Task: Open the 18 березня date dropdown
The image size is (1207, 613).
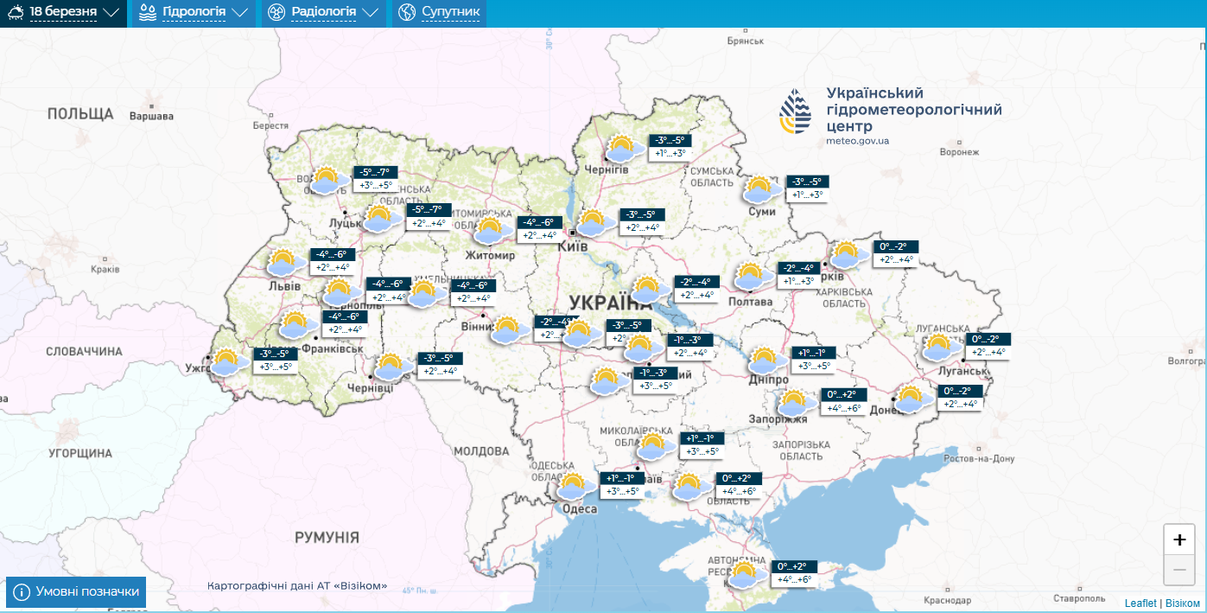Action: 63,13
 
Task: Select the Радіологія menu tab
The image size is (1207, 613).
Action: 323,13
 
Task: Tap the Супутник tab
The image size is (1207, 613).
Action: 439,13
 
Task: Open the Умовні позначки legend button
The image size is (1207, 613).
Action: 76,591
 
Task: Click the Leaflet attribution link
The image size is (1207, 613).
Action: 1140,603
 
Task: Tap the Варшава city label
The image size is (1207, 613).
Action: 151,116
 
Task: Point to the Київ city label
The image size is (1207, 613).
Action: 574,247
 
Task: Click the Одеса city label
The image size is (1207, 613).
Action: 580,509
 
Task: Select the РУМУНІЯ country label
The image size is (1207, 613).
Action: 327,538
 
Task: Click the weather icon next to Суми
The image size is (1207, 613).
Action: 760,189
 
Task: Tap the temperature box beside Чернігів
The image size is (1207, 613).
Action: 668,147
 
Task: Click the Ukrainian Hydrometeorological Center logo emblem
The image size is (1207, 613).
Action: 796,112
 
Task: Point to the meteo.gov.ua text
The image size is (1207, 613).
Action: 857,140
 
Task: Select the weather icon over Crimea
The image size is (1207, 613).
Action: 744,574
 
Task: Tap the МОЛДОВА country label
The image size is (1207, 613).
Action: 481,451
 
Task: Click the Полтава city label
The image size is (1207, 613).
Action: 751,302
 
